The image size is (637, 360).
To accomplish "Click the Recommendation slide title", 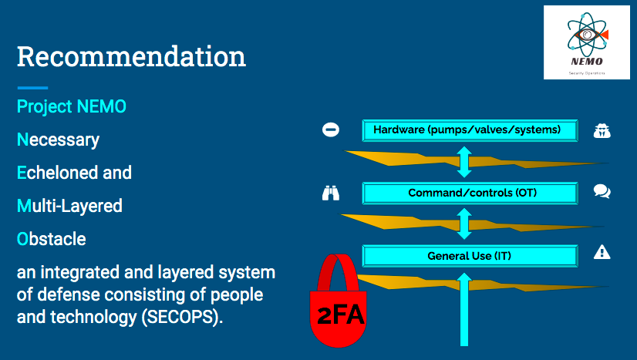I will click(131, 56).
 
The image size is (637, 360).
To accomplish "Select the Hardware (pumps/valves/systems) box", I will click(470, 130).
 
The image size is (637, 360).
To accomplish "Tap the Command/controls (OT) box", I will click(470, 193).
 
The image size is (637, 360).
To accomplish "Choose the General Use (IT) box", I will click(470, 255).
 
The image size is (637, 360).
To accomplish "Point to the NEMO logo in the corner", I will click(586, 42).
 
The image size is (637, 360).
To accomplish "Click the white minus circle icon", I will click(330, 130).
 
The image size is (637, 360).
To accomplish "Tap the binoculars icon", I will click(330, 192).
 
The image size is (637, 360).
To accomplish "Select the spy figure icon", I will click(602, 130).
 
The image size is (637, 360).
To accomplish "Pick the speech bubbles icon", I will click(602, 191).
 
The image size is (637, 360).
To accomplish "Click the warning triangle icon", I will click(602, 252).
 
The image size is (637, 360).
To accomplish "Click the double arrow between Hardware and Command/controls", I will click(464, 161).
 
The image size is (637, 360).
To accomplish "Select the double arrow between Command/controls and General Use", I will click(464, 224).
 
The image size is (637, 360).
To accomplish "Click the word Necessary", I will click(59, 140).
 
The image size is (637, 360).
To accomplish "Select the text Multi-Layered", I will click(69, 206).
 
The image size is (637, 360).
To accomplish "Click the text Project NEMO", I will click(72, 106).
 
